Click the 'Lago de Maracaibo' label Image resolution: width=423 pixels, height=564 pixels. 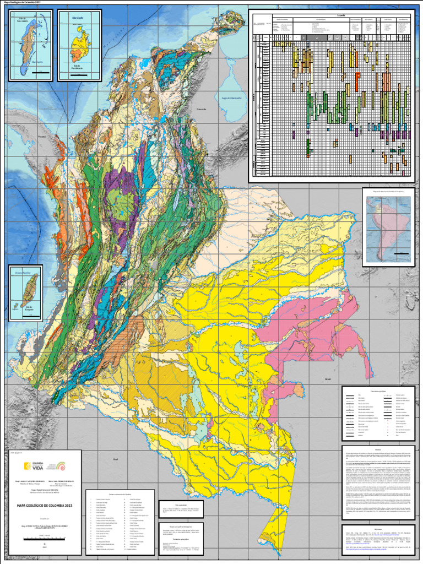click(x=232, y=97)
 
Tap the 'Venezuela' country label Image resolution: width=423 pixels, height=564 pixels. click(x=201, y=109)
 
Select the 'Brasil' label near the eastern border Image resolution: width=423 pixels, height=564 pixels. click(x=328, y=379)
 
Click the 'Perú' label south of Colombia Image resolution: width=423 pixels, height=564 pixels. click(x=116, y=458)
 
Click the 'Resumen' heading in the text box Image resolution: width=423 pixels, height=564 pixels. click(x=378, y=449)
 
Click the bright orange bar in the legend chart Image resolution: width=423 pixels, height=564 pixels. click(x=357, y=78)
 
